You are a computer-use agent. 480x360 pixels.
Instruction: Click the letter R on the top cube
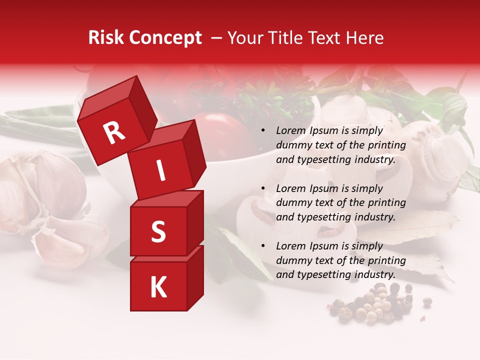[x=114, y=132]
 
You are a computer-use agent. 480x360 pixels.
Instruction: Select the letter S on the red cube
[x=158, y=232]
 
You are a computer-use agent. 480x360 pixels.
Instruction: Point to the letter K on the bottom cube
[x=158, y=287]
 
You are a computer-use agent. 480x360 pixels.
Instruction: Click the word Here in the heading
[x=364, y=38]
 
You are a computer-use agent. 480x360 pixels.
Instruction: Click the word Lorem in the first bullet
[x=290, y=131]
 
